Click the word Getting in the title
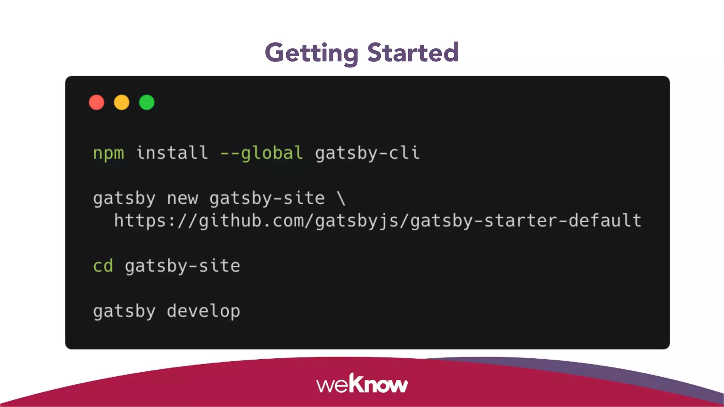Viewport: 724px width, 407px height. click(x=311, y=53)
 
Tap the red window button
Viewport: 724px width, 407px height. click(x=97, y=102)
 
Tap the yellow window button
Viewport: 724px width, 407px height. click(x=122, y=102)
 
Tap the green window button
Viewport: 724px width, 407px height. click(x=147, y=102)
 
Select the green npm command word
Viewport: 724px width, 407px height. click(x=109, y=153)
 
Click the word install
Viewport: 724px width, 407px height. click(x=172, y=153)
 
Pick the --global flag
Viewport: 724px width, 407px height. click(x=261, y=153)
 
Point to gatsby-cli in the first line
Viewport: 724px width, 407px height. click(x=367, y=153)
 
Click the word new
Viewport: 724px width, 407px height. click(x=182, y=199)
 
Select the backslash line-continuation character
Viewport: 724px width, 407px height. click(x=341, y=198)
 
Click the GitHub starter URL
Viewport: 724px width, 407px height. click(x=378, y=221)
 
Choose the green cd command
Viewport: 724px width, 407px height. click(x=103, y=266)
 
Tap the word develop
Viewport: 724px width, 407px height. click(x=203, y=312)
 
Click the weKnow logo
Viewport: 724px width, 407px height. click(x=362, y=384)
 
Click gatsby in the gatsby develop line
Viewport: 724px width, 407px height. click(x=124, y=312)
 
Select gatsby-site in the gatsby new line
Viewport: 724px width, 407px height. click(x=267, y=199)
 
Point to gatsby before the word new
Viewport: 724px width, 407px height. click(x=124, y=199)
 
